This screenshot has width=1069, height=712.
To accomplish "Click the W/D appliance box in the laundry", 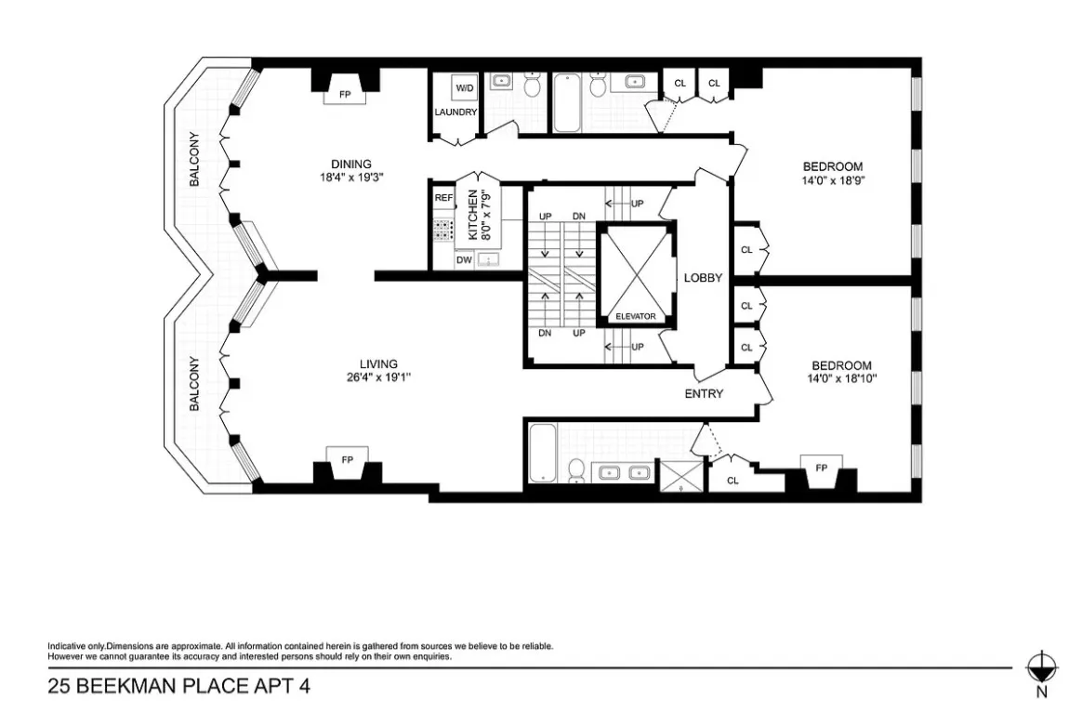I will (x=463, y=88).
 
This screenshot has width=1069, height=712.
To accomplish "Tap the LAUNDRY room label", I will (x=455, y=112).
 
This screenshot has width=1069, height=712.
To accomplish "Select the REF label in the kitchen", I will (x=443, y=198).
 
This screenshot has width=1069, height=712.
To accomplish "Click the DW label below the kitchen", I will (x=463, y=260).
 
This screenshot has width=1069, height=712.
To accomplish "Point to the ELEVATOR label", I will (x=636, y=317).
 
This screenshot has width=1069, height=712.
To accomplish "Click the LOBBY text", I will (x=704, y=278).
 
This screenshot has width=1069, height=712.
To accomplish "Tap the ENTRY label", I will (x=704, y=393).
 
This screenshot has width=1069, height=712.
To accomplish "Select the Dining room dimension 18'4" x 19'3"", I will (x=351, y=177).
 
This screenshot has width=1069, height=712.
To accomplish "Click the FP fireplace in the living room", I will (x=347, y=460).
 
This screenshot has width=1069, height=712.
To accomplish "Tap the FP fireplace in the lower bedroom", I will (x=821, y=468).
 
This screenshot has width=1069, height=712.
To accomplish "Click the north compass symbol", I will (x=1041, y=666).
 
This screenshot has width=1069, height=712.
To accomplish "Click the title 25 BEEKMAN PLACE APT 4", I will (x=178, y=687).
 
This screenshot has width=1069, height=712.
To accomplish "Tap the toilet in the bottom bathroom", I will (x=576, y=470).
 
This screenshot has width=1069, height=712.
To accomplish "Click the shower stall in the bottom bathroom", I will (x=681, y=475).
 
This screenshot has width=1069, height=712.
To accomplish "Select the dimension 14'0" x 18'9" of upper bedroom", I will (x=833, y=180).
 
